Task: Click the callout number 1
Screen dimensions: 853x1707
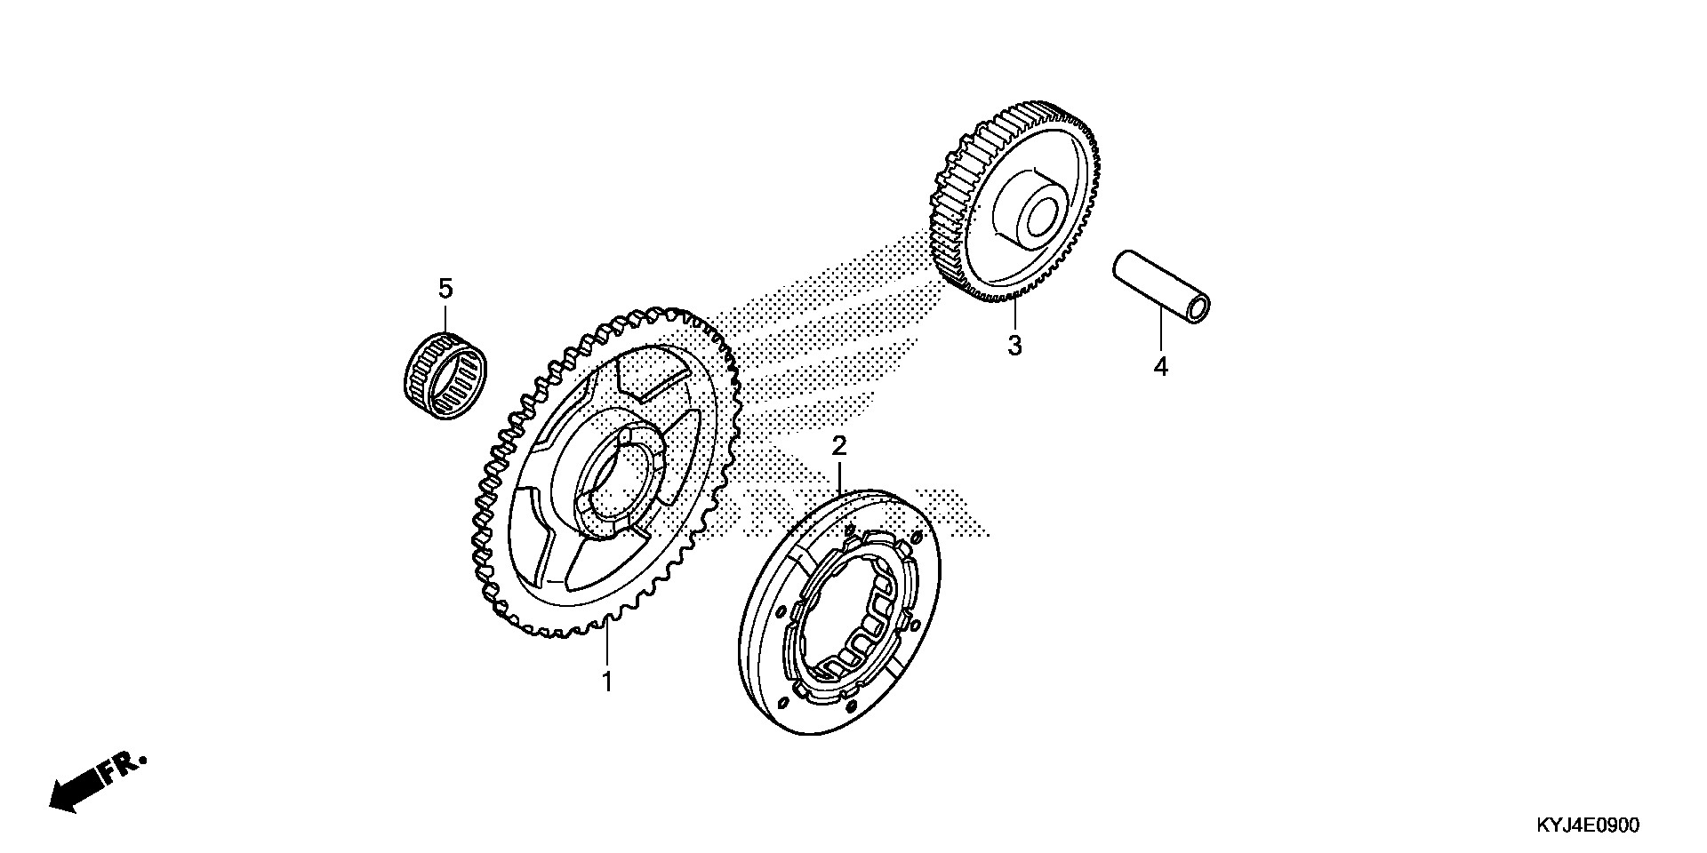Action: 607,682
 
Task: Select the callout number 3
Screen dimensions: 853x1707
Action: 1014,345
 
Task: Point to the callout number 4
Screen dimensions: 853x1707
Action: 1160,366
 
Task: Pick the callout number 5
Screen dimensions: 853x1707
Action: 445,288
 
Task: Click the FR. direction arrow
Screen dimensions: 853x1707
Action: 76,791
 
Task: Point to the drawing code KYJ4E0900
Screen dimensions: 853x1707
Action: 1586,825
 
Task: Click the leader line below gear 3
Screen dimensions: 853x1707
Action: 1014,315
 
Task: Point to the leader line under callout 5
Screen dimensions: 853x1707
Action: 445,316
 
